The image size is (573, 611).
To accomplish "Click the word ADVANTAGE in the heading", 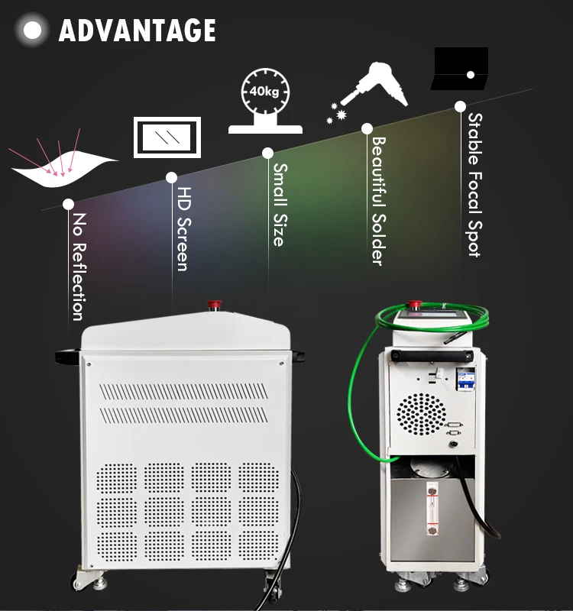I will point(138,31).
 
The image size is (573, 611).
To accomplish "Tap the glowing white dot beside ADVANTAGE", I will point(33,31).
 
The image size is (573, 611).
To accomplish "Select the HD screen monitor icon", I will point(167,137).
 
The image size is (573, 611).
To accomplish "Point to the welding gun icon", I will point(371,88).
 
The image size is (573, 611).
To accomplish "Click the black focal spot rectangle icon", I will point(460,70).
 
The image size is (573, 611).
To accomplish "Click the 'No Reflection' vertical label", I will point(78,267).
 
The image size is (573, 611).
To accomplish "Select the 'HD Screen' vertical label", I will point(182,229).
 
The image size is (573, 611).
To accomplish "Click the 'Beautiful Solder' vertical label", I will point(377,200).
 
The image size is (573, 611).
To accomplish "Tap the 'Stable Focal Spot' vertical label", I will point(474,184).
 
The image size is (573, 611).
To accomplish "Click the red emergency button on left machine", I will point(214,306).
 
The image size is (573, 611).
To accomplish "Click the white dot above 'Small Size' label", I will point(268,153).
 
